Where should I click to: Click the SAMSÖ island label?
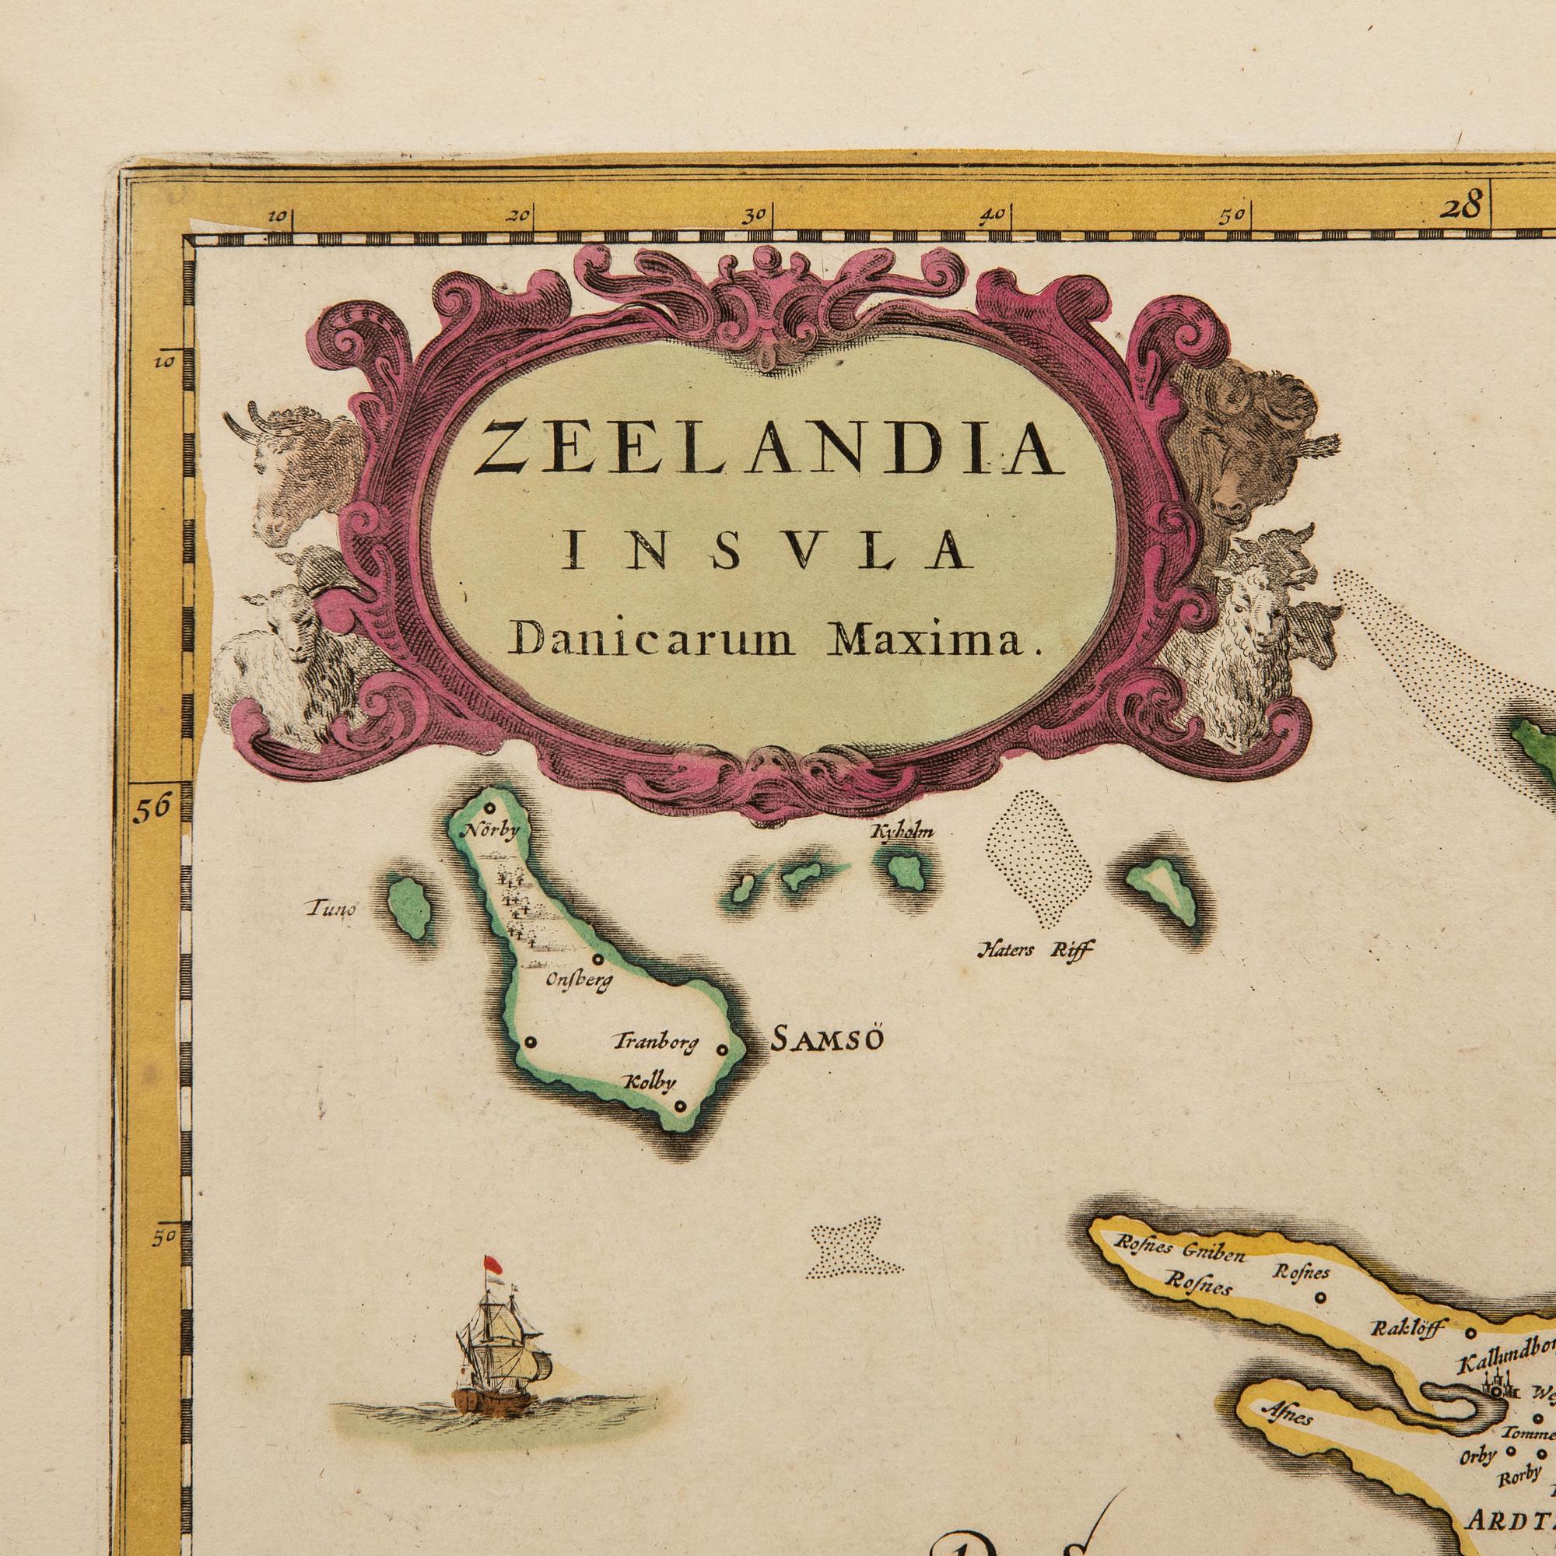tap(827, 1040)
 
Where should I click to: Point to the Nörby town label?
tap(485, 830)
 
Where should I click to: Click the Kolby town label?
tap(650, 1083)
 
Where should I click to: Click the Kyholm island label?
tap(903, 832)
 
